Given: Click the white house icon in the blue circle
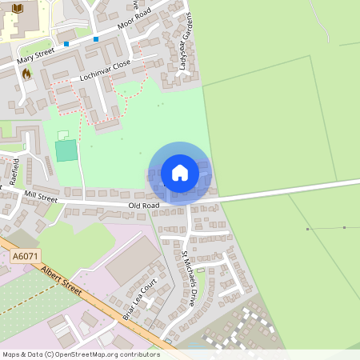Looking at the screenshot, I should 180,173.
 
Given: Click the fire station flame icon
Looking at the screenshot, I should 26,73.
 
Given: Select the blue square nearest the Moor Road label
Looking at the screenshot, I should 96,38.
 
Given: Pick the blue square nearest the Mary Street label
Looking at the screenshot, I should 66,44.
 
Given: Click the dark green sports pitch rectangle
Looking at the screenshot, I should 66,150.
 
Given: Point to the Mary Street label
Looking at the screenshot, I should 37,56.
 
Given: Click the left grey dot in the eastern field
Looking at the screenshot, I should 307,229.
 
